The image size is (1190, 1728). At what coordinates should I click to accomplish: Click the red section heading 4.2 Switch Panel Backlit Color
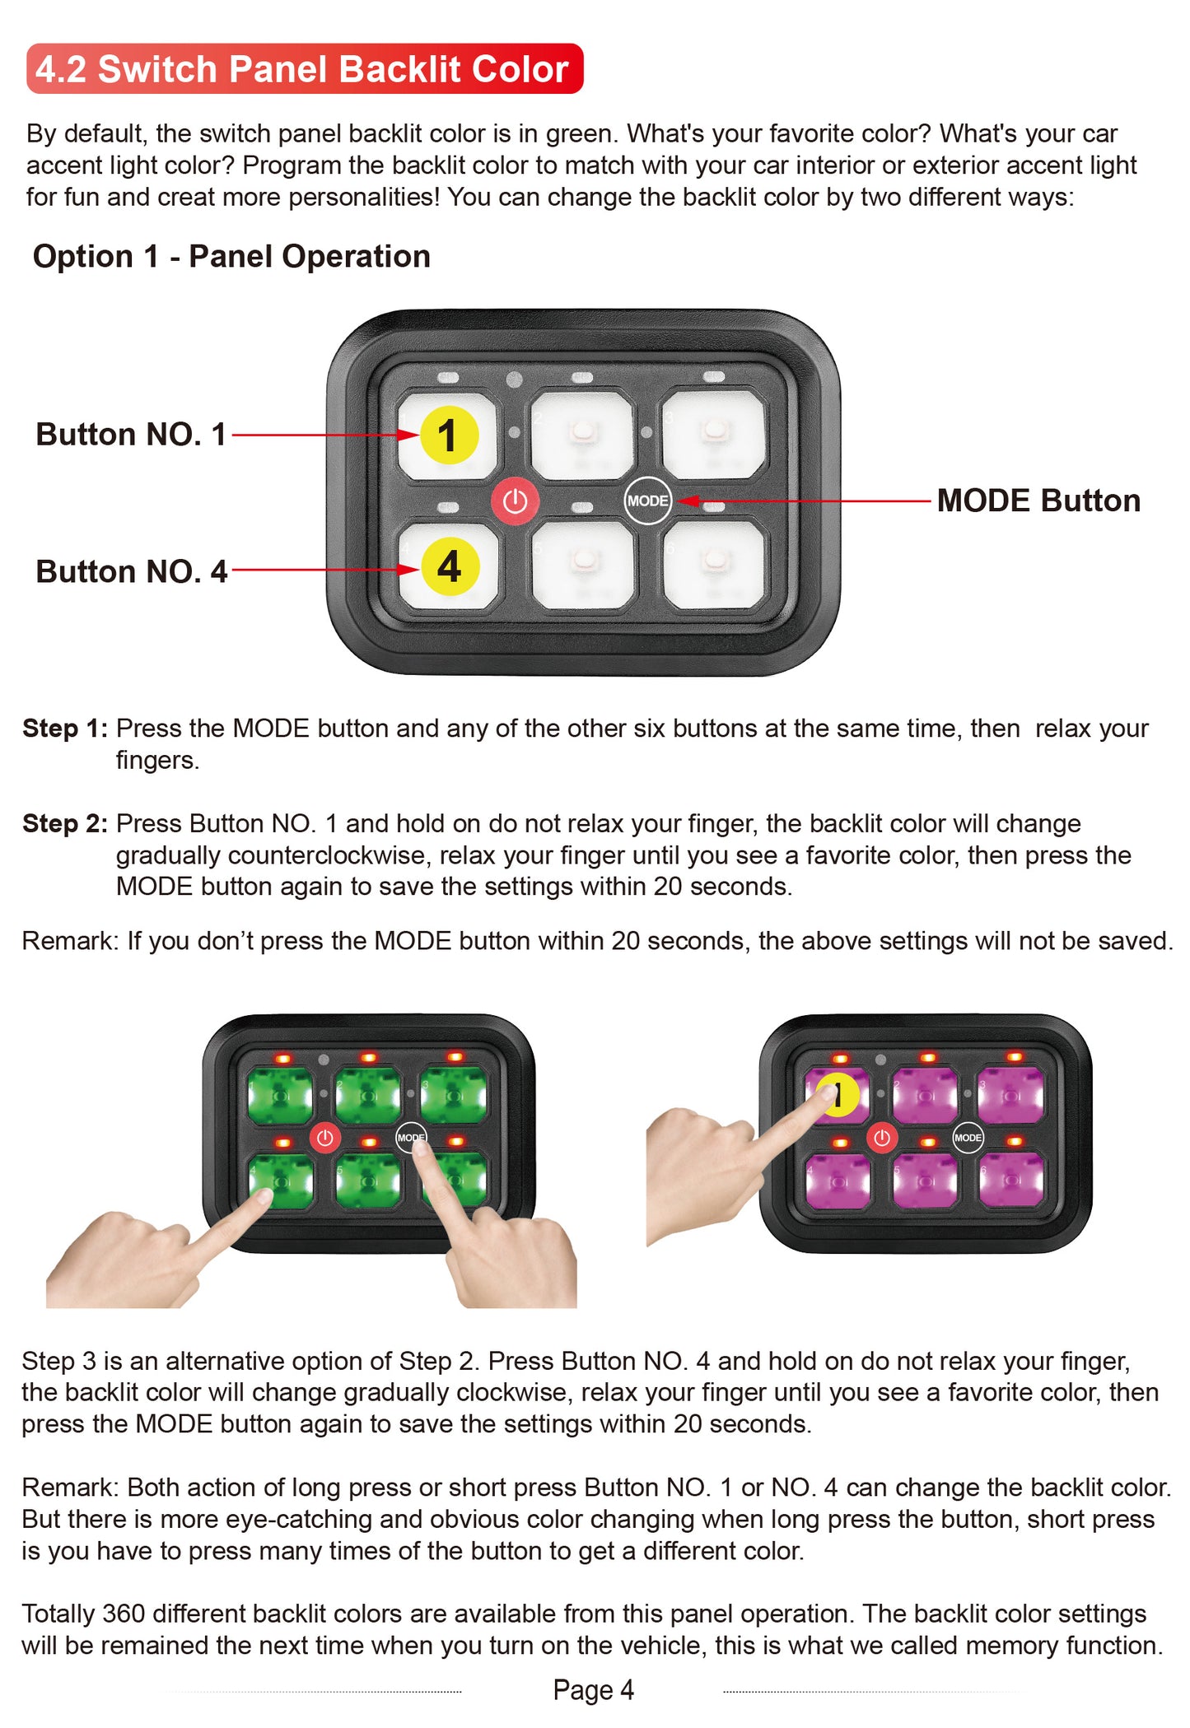[x=304, y=69]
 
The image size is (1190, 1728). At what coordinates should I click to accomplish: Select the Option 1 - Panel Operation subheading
[x=231, y=256]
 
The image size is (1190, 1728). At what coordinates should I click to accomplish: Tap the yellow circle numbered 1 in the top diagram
[x=449, y=435]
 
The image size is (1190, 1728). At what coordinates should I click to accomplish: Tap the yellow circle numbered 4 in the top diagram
[x=450, y=566]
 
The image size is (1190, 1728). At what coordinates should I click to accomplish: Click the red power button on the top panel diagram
[x=515, y=501]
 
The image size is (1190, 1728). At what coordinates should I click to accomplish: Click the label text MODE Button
[x=1038, y=501]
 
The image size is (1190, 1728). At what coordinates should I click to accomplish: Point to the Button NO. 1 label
[x=131, y=435]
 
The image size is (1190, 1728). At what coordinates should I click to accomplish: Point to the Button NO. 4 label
[x=131, y=571]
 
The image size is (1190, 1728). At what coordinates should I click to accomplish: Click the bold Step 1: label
[x=65, y=729]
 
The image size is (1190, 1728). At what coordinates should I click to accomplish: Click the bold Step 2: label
[x=65, y=823]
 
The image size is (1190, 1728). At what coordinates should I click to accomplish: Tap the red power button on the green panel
[x=324, y=1138]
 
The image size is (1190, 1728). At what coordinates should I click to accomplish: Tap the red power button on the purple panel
[x=882, y=1138]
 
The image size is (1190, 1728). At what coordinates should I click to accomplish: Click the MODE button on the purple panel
[x=968, y=1138]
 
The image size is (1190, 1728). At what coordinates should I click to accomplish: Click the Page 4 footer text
[x=593, y=1689]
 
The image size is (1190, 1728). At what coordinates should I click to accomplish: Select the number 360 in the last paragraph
[x=124, y=1614]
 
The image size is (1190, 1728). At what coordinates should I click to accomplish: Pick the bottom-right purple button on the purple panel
[x=1010, y=1181]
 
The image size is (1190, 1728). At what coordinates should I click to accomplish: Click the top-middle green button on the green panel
[x=368, y=1095]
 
